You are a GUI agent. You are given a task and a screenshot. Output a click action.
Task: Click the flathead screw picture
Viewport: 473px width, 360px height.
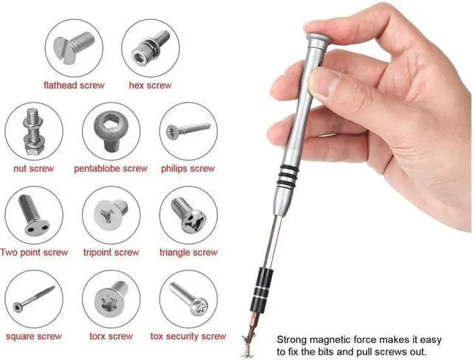coord(74,48)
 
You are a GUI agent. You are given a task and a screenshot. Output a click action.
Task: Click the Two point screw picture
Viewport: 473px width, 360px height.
coord(33,216)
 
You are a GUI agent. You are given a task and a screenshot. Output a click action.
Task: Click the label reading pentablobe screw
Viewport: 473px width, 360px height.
coord(111,169)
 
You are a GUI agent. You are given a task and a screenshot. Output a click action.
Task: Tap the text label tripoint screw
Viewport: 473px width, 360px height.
coord(111,253)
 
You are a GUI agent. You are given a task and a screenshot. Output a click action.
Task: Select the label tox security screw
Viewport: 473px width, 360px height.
coord(188,337)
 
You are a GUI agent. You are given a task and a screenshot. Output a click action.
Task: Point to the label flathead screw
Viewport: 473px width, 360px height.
coord(74,86)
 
